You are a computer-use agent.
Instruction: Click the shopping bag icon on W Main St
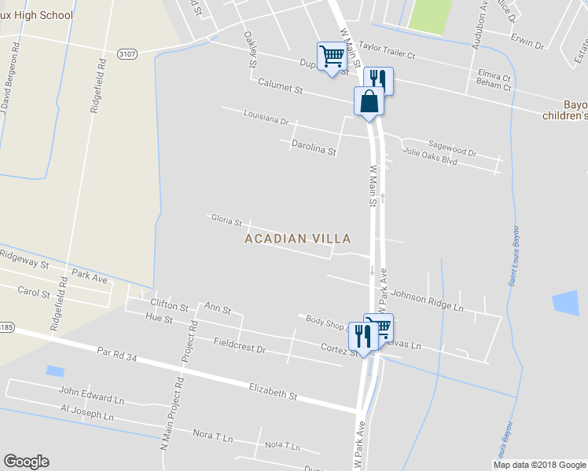click(369, 101)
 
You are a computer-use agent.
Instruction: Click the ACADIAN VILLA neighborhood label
click(297, 238)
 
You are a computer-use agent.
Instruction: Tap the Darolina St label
click(314, 146)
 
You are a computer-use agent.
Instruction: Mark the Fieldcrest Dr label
click(240, 344)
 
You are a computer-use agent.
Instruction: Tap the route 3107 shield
click(127, 53)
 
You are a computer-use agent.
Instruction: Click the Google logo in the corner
click(26, 462)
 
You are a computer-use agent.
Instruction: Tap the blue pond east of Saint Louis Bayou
click(564, 305)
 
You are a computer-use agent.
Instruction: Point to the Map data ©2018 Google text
click(538, 465)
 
